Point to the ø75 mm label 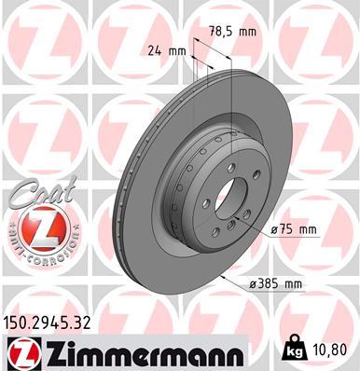(x=295, y=229)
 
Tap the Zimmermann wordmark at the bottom (x=138, y=355)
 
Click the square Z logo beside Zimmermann (x=19, y=355)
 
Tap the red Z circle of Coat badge (x=35, y=227)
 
